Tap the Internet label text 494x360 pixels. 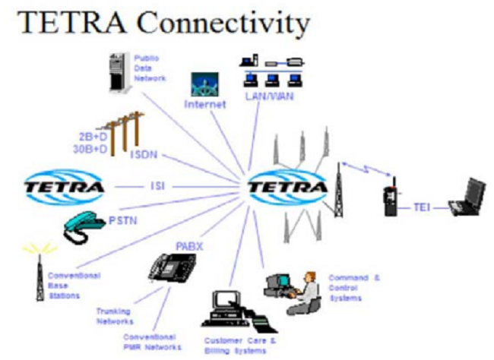click(x=205, y=104)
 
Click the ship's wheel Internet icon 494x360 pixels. click(x=205, y=84)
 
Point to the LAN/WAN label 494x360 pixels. click(x=271, y=97)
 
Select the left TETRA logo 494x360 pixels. click(x=64, y=187)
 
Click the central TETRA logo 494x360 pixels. click(x=288, y=187)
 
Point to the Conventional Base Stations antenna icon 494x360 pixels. click(x=39, y=270)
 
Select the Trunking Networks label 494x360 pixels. click(x=114, y=314)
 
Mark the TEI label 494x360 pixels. click(x=423, y=206)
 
